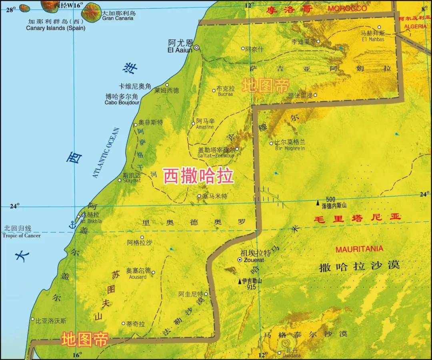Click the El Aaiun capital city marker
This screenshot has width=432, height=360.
[x=197, y=48]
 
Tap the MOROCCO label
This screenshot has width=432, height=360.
[x=347, y=8]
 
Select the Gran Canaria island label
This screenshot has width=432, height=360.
[x=118, y=18]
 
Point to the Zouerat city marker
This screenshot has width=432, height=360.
[x=240, y=260]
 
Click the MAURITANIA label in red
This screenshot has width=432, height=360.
[x=359, y=249]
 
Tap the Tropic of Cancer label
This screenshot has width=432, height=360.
[x=22, y=235]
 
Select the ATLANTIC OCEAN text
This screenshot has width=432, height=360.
[x=106, y=152]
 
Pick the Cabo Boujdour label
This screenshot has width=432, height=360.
[x=122, y=103]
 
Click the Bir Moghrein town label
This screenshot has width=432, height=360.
[x=290, y=148]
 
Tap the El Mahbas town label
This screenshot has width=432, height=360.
[x=373, y=39]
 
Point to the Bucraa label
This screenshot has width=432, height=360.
[x=226, y=95]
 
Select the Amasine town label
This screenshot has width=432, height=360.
[x=205, y=127]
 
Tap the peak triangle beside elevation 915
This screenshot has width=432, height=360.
[x=240, y=281]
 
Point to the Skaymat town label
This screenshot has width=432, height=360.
[x=132, y=181]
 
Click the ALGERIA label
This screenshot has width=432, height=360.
[x=416, y=26]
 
